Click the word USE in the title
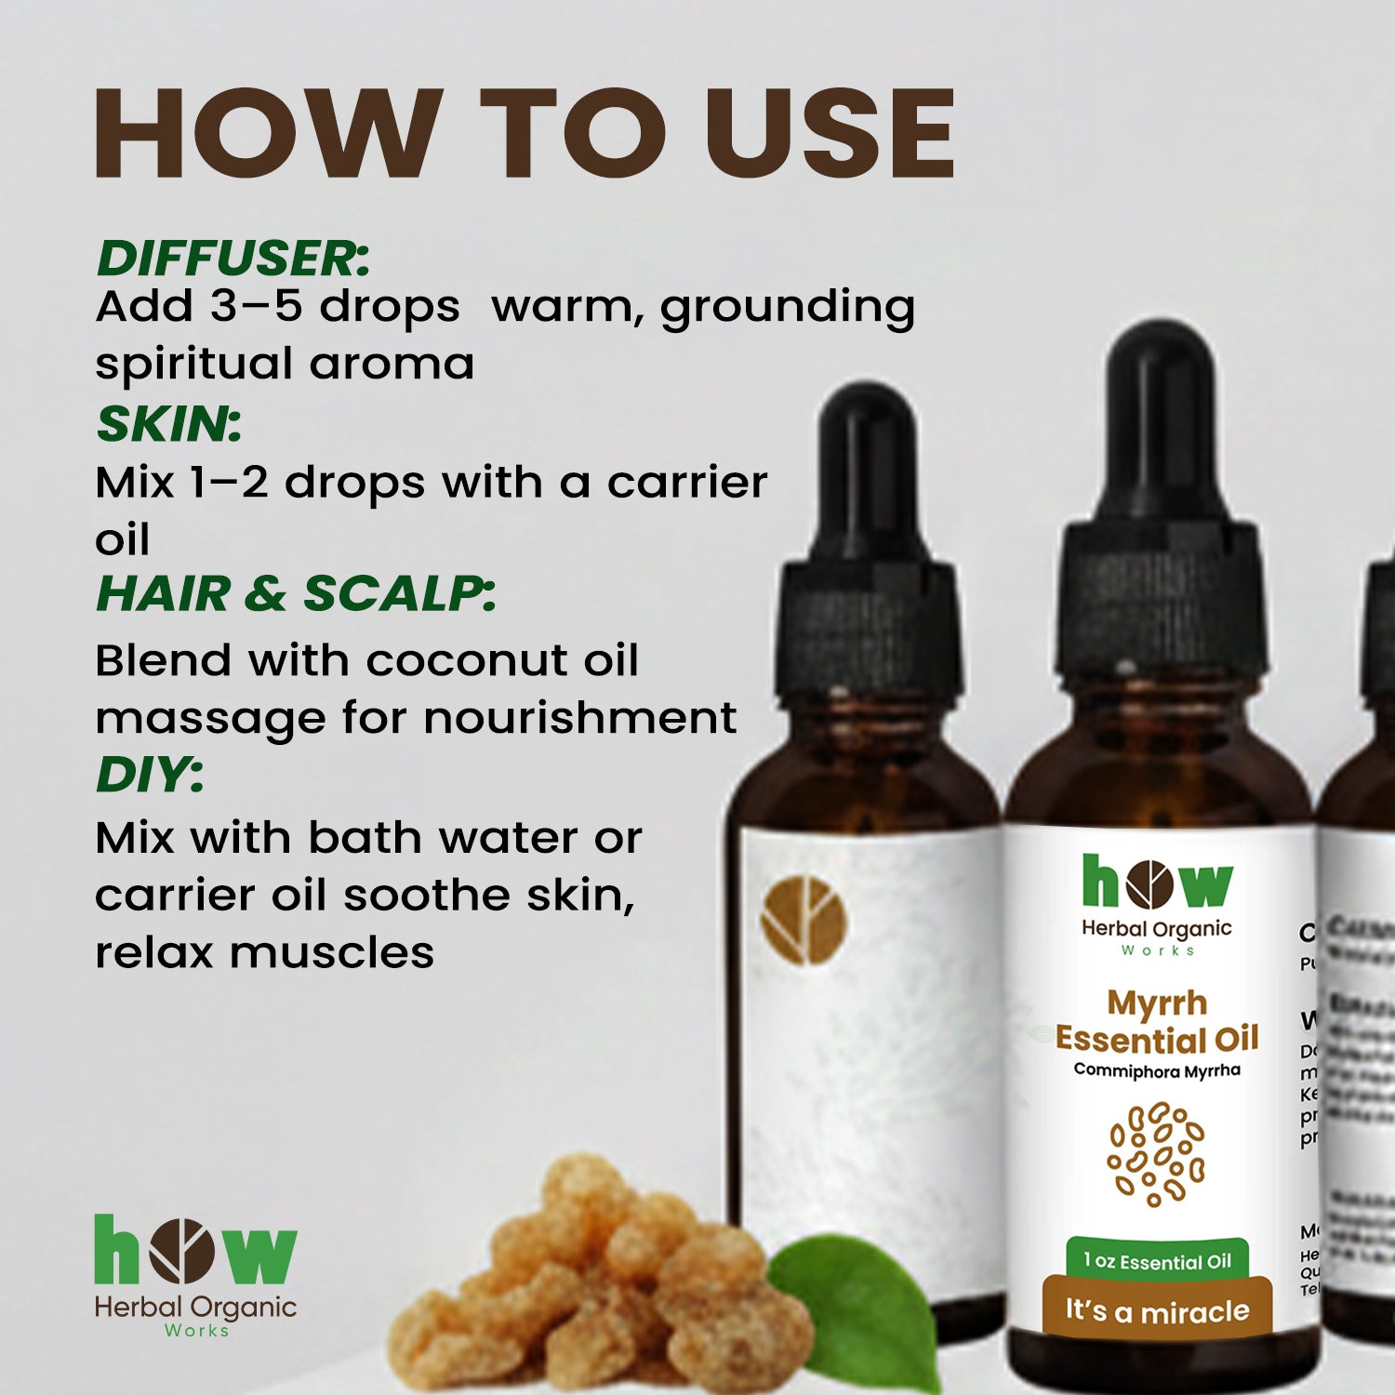[x=830, y=133]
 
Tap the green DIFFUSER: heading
[x=233, y=259]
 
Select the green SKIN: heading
[x=169, y=424]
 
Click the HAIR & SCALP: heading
[x=296, y=593]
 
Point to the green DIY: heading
[x=150, y=774]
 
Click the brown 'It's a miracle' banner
[x=1157, y=1311]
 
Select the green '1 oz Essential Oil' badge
[x=1157, y=1262]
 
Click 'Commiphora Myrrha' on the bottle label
[x=1157, y=1070]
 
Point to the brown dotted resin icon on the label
[x=1155, y=1153]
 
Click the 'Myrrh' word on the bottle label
[x=1157, y=1003]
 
